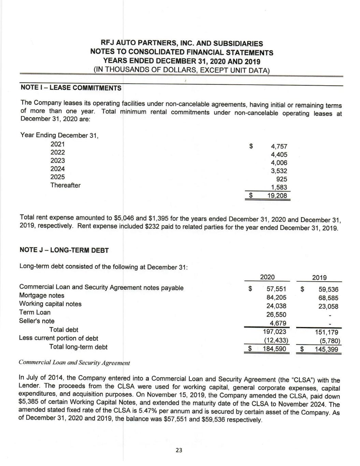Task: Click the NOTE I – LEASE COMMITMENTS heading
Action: point(71,88)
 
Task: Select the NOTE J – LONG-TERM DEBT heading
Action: point(64,250)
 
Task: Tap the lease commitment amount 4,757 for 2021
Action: point(279,146)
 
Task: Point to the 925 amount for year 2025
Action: point(282,179)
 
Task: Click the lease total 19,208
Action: point(277,196)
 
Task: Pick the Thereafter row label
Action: point(66,185)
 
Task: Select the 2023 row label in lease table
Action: point(58,160)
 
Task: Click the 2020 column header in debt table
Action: point(267,277)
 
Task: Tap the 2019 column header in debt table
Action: point(319,278)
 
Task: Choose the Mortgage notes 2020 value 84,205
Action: point(276,298)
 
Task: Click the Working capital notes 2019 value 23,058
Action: point(328,306)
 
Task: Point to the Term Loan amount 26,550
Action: point(276,314)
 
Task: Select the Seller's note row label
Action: point(37,321)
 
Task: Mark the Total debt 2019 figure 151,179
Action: point(327,332)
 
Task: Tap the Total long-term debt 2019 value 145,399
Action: point(327,349)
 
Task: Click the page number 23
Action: point(179,450)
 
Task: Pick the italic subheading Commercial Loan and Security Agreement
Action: point(74,362)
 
